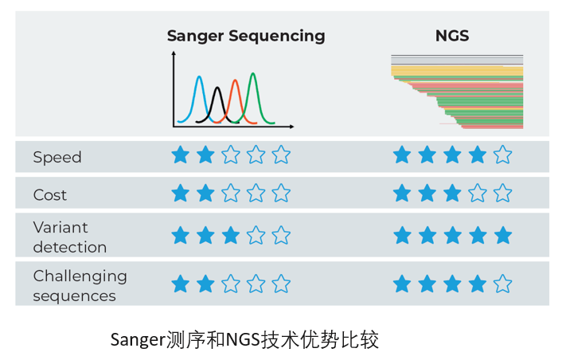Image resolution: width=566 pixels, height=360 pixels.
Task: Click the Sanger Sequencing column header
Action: click(x=246, y=37)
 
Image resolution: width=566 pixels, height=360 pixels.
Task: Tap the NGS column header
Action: click(x=452, y=36)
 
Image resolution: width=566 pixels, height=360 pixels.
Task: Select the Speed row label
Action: click(x=57, y=158)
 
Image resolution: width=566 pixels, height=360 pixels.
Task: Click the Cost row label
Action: click(x=50, y=195)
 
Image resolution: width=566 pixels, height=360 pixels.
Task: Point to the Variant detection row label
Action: click(x=70, y=237)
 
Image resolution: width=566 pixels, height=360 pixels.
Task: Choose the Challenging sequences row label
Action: click(x=80, y=286)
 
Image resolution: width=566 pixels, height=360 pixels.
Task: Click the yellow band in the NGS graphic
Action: click(x=457, y=71)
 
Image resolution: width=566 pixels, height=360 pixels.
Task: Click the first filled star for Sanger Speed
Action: click(x=181, y=155)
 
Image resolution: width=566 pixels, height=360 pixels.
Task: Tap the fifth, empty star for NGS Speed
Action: click(x=502, y=155)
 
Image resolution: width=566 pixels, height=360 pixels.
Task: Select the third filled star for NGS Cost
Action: click(x=452, y=193)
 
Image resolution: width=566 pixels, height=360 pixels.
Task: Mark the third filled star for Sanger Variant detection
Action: click(x=231, y=235)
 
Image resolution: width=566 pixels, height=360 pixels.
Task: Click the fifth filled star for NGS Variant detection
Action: click(x=503, y=235)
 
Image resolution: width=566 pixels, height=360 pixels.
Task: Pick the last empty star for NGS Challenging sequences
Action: click(x=502, y=284)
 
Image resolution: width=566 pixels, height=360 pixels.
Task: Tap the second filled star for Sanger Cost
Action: click(x=205, y=193)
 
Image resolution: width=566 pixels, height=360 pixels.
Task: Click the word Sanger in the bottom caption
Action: click(x=138, y=341)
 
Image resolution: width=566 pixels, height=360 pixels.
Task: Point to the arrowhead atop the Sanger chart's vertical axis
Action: click(x=174, y=53)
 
